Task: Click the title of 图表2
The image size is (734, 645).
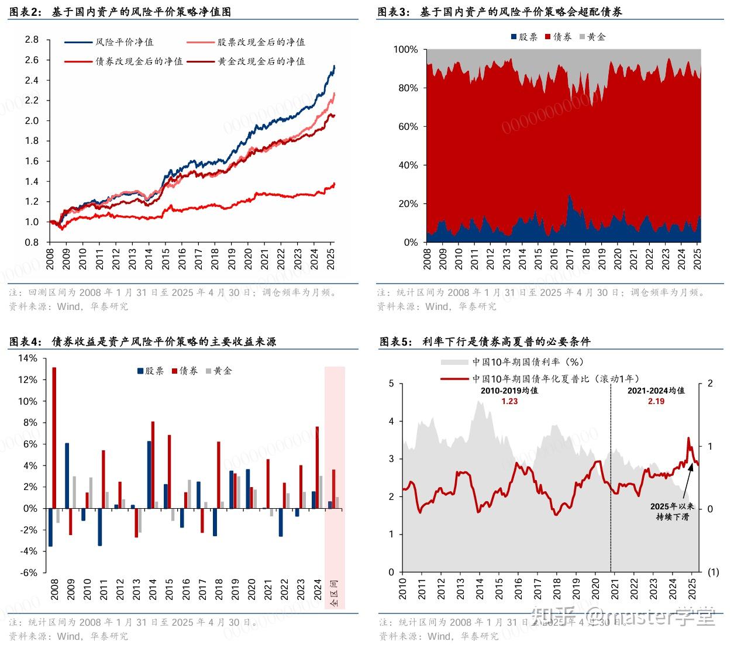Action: pyautogui.click(x=120, y=12)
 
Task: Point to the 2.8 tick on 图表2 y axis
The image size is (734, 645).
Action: pyautogui.click(x=32, y=40)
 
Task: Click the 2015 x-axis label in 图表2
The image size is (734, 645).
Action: pyautogui.click(x=166, y=257)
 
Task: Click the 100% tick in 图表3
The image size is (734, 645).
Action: pyautogui.click(x=405, y=50)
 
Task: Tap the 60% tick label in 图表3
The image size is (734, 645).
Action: pyautogui.click(x=408, y=127)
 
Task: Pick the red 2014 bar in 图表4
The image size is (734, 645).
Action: pyautogui.click(x=153, y=464)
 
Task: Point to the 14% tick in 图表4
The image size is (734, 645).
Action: pyautogui.click(x=27, y=358)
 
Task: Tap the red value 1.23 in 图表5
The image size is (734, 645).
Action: pyautogui.click(x=509, y=401)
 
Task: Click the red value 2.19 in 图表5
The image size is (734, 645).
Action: pyautogui.click(x=656, y=401)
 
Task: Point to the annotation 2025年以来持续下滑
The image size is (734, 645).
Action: pyautogui.click(x=672, y=512)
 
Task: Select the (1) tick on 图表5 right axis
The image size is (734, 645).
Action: pyautogui.click(x=713, y=572)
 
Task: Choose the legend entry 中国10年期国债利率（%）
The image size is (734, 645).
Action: pyautogui.click(x=528, y=362)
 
